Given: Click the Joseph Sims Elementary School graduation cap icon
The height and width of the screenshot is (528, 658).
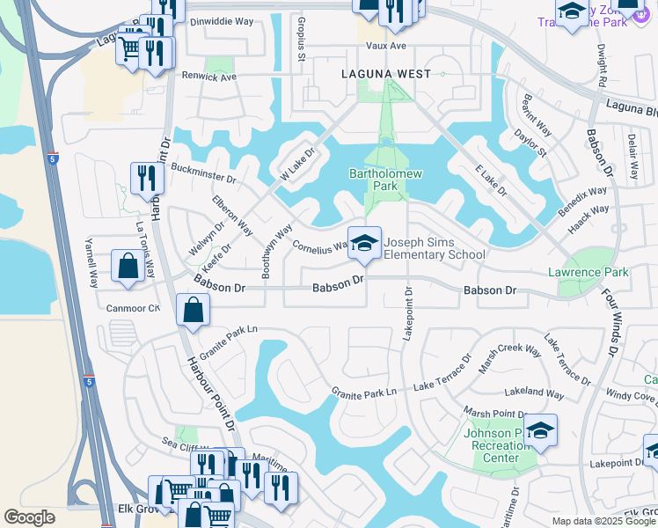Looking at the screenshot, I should pyautogui.click(x=364, y=243).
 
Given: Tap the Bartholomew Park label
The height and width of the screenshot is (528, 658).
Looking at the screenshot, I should pyautogui.click(x=380, y=180).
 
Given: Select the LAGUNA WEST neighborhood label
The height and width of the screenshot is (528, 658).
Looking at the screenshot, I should pyautogui.click(x=386, y=75).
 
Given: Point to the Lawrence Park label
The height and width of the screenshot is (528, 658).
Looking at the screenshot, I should pyautogui.click(x=588, y=273).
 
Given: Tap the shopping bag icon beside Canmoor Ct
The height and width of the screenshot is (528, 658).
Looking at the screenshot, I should pyautogui.click(x=193, y=311).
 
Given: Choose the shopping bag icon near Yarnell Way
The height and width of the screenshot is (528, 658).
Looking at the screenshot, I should pyautogui.click(x=128, y=266).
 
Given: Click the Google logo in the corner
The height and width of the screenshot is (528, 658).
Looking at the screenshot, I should pyautogui.click(x=30, y=517).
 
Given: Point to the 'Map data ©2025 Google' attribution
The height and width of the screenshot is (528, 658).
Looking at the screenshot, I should pyautogui.click(x=603, y=521).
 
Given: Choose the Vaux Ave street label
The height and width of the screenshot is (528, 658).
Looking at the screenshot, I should pyautogui.click(x=386, y=46).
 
